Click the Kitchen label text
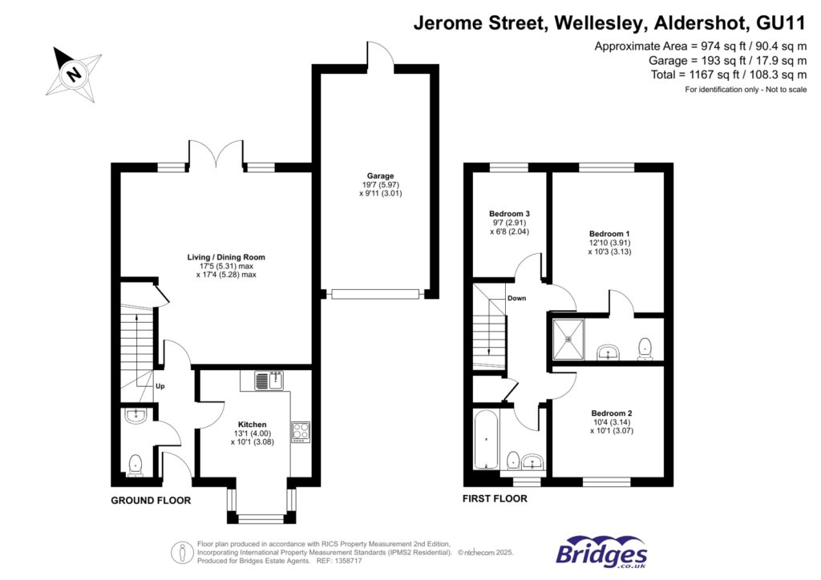(252, 425)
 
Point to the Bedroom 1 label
(605, 233)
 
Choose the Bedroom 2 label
(605, 413)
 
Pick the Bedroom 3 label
(510, 214)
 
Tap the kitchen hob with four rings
(300, 432)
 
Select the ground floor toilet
(135, 464)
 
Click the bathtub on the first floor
(485, 441)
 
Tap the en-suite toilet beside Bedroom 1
(644, 346)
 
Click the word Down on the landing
(516, 298)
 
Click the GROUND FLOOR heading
(151, 500)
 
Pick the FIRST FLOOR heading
(495, 498)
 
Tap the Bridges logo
(601, 552)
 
